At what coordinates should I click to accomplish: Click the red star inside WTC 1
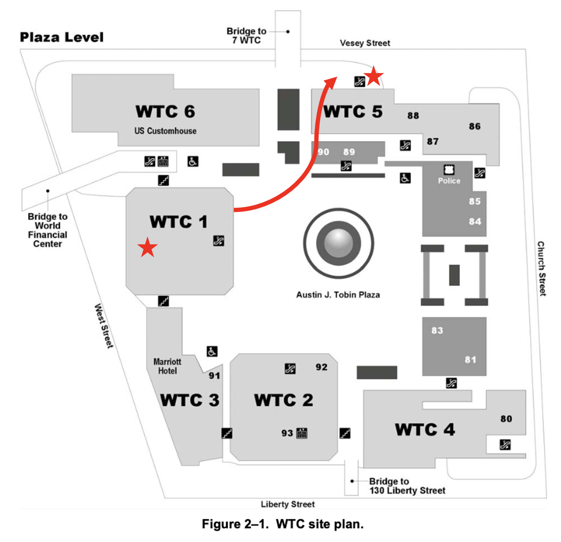point(147,247)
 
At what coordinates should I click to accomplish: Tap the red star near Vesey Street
point(374,76)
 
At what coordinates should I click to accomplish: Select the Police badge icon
point(449,170)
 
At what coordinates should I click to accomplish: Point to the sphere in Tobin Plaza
point(338,243)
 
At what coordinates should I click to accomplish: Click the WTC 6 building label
point(165,112)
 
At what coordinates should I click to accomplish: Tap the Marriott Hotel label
point(167,366)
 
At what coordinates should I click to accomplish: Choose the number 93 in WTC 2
point(287,433)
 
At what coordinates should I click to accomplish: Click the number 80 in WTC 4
point(506,419)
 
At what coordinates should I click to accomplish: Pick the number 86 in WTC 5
point(474,126)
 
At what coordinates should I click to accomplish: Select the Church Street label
point(542,268)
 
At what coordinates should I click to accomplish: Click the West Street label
point(104,326)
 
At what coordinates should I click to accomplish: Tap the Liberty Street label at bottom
point(288,504)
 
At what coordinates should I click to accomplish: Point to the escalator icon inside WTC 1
point(219,241)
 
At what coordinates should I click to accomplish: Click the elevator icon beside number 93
point(302,433)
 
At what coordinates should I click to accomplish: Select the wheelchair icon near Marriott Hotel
point(212,351)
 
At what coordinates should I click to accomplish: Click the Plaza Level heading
point(62,37)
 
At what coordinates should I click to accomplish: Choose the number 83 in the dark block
point(437,331)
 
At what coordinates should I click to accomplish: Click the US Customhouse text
point(165,131)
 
